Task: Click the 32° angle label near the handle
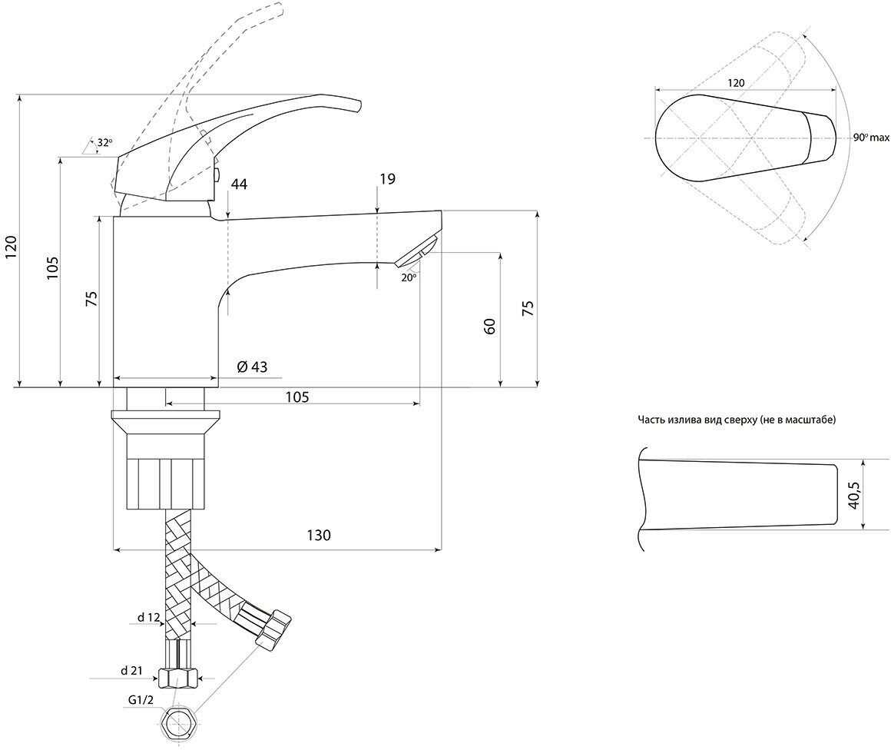click(104, 143)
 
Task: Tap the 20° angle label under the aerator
click(409, 277)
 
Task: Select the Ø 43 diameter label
click(252, 367)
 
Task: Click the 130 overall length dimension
click(319, 535)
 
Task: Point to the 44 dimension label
click(239, 184)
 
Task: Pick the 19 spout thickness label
click(388, 179)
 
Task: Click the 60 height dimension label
click(490, 327)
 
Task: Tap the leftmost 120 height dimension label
click(12, 247)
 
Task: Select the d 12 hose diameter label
click(147, 618)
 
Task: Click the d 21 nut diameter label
click(131, 670)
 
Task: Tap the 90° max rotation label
click(871, 138)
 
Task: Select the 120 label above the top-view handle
click(736, 83)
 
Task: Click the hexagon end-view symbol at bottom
click(177, 725)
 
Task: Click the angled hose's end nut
click(274, 629)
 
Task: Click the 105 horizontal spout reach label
click(297, 397)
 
